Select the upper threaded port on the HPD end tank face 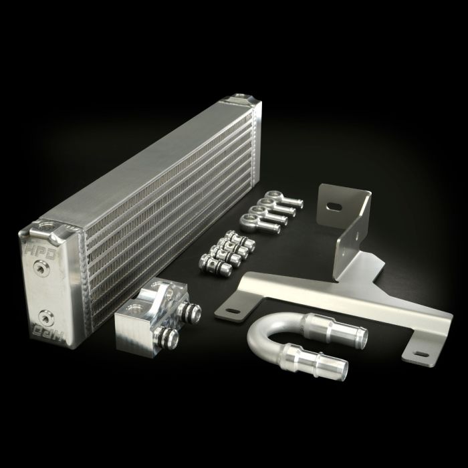(43, 269)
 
